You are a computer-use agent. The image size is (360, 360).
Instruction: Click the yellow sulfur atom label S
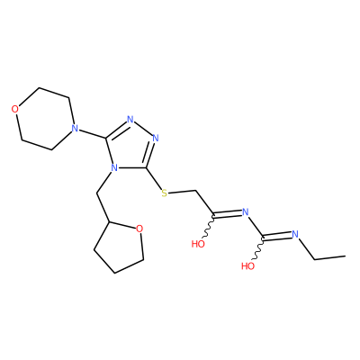point(164,193)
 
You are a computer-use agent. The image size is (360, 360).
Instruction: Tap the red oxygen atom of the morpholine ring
point(15,109)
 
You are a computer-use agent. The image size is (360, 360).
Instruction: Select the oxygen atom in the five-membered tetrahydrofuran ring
point(139,229)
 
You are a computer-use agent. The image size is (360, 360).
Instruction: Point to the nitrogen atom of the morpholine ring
point(75,129)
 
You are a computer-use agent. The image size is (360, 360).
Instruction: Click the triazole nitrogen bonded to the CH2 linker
point(113,167)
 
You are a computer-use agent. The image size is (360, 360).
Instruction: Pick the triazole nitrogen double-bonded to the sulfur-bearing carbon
point(156,139)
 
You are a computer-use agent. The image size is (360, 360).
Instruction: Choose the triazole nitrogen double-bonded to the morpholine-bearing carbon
point(130,120)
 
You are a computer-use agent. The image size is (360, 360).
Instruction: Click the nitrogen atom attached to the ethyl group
point(295,234)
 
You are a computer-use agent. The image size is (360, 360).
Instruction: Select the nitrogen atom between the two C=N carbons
point(246,212)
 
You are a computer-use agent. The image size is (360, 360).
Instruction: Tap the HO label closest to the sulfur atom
point(198,244)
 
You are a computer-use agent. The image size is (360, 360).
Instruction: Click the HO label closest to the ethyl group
point(248,265)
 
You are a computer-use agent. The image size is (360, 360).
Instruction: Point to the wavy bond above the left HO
point(208,227)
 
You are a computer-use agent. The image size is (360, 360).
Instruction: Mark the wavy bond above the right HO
point(258,249)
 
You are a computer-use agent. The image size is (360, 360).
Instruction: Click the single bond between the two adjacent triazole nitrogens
point(143,129)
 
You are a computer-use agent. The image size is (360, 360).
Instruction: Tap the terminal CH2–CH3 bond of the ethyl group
point(329,257)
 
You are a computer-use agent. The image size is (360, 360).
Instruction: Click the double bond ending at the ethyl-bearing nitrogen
point(277,237)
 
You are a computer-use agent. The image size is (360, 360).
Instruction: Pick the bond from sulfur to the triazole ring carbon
point(154,178)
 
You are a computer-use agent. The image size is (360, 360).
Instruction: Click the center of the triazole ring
point(131,147)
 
